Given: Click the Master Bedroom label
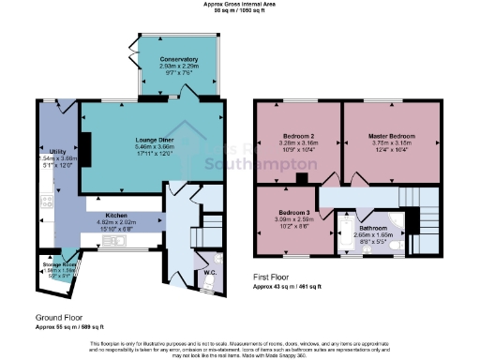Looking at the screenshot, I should tap(392, 137).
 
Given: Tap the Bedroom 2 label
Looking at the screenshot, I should tap(298, 137).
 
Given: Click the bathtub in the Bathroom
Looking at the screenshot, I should tap(344, 232).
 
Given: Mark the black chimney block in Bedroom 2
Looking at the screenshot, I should tap(303, 179).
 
